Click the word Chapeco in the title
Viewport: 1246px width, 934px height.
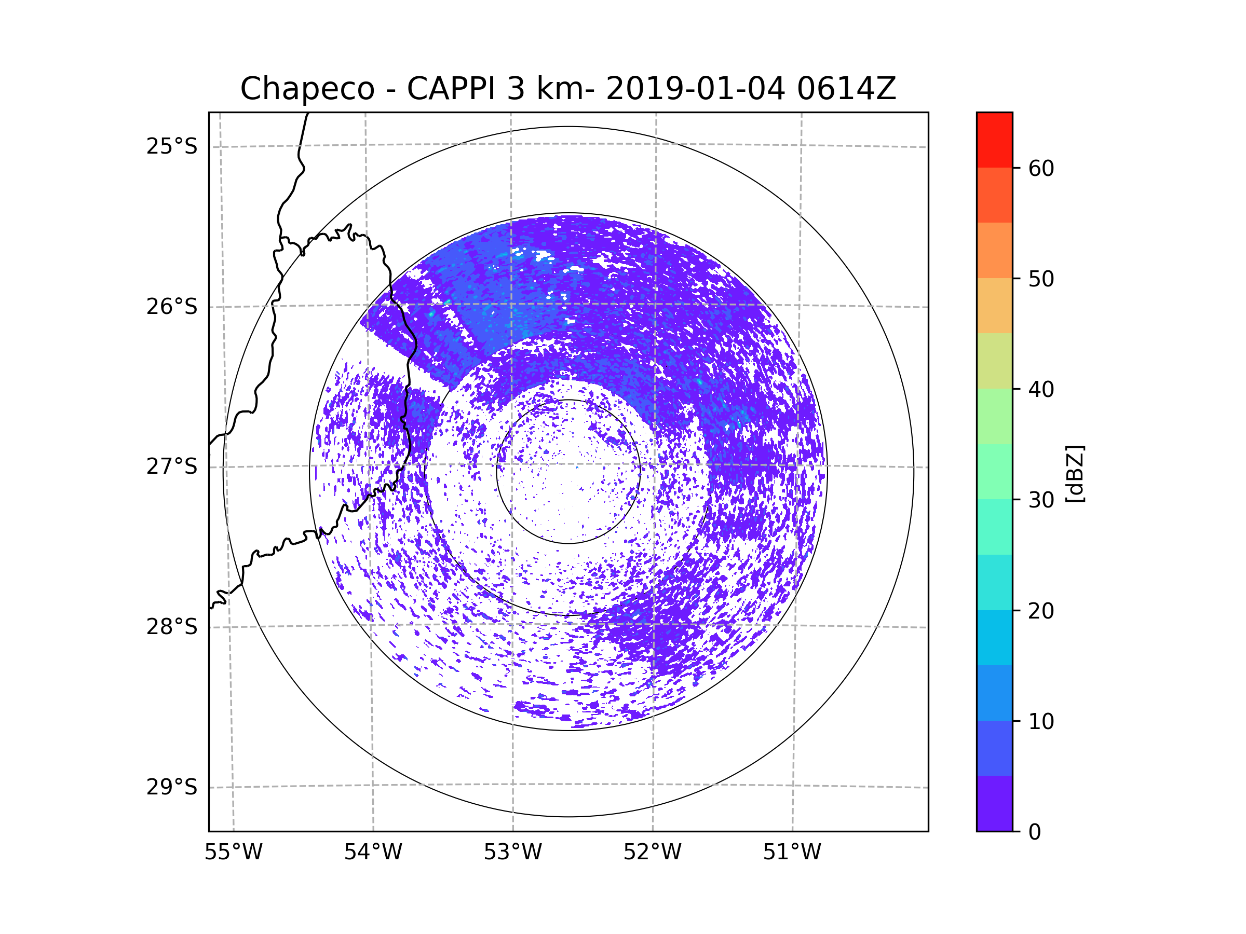click(x=307, y=89)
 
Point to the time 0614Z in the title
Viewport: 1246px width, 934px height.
click(x=846, y=89)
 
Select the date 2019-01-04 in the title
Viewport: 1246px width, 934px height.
click(x=695, y=89)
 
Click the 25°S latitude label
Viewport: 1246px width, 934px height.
click(x=172, y=146)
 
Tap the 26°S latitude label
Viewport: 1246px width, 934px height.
click(x=172, y=307)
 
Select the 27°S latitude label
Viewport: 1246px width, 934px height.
click(x=172, y=466)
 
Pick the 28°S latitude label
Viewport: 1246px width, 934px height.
click(x=172, y=627)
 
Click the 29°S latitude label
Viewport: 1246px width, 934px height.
click(x=172, y=787)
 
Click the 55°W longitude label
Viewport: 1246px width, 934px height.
click(x=233, y=853)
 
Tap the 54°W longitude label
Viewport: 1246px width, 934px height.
click(x=373, y=853)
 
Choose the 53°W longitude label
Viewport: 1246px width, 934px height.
click(x=512, y=853)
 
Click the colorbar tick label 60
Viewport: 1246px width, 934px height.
click(x=1041, y=168)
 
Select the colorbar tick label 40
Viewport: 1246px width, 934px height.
click(x=1041, y=390)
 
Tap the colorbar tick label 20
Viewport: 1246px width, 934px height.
click(x=1041, y=611)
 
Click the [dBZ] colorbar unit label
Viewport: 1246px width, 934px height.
click(x=1075, y=474)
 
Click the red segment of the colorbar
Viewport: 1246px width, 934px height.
click(x=994, y=140)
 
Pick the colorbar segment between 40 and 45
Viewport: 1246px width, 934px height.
click(x=994, y=361)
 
